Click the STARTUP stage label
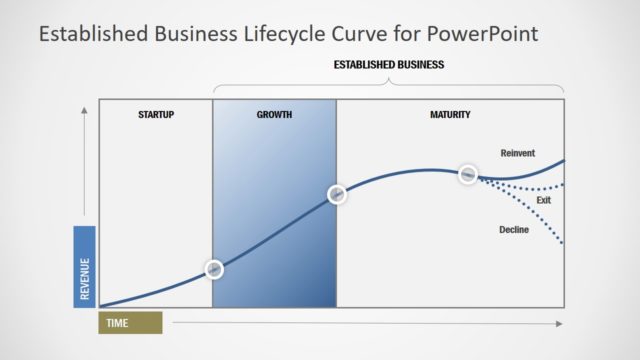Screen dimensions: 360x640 [155, 115]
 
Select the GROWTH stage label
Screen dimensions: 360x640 [274, 115]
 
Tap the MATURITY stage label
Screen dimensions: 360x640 [450, 115]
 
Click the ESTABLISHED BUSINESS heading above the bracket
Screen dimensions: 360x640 [388, 65]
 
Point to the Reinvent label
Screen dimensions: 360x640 [517, 153]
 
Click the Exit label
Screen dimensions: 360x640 [544, 200]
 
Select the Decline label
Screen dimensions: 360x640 [514, 230]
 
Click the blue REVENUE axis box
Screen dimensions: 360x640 [85, 266]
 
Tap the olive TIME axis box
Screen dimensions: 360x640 [130, 323]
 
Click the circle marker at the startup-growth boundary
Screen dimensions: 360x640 [213, 268]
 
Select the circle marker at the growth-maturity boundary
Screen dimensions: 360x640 [337, 193]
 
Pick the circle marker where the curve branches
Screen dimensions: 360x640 [467, 174]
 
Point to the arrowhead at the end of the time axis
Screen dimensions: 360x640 [559, 323]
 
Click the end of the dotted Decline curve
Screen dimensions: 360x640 [563, 242]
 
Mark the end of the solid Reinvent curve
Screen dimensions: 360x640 [564, 160]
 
